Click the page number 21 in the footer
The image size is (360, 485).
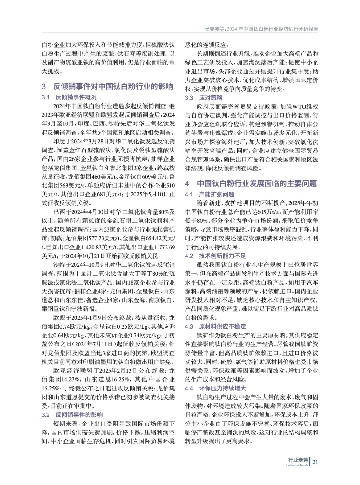coord(315,462)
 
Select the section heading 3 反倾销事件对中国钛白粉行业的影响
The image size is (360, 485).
coord(107,86)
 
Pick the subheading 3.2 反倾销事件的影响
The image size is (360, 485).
coord(72,415)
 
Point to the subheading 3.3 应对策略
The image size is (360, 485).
coord(204,98)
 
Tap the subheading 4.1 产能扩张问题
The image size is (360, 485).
coord(210,194)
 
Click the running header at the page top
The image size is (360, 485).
coord(261,29)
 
